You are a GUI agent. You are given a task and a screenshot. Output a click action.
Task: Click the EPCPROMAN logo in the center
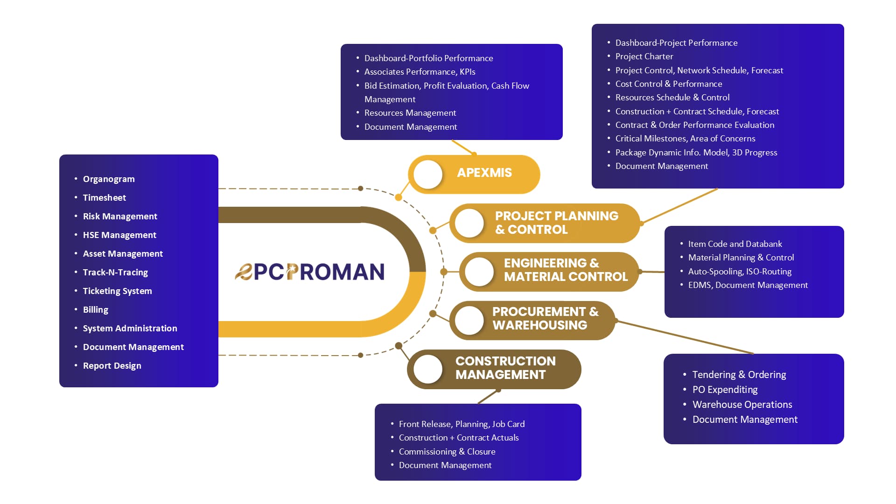309,272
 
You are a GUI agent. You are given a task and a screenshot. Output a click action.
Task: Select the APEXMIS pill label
484,173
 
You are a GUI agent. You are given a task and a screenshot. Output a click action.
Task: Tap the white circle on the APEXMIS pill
428,175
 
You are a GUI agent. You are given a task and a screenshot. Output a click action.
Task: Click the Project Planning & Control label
557,223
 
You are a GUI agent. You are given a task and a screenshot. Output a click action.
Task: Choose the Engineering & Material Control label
566,270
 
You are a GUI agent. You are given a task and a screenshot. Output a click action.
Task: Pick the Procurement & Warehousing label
545,318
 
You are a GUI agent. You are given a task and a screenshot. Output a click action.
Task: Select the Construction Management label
505,368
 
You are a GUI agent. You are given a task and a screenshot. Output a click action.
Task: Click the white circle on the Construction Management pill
428,369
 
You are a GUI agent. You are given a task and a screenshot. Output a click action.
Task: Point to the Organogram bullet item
109,179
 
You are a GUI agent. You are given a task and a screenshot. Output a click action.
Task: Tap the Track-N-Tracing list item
115,273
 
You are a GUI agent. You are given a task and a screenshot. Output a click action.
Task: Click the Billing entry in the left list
96,310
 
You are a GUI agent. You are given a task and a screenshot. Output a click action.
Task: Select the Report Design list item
112,366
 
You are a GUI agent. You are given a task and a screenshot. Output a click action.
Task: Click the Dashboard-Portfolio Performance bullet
428,58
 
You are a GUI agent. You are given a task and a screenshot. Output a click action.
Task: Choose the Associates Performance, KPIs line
420,72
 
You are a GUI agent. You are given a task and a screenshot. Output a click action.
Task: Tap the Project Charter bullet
644,56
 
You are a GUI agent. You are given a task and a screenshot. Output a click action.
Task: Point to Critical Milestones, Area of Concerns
685,139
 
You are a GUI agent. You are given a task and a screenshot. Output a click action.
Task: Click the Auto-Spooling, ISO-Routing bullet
740,272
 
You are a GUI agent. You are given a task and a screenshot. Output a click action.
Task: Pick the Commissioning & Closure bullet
447,452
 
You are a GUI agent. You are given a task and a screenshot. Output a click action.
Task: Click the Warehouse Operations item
742,405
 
